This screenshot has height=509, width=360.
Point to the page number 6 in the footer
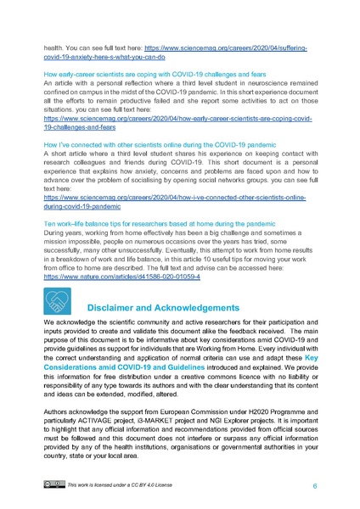click(315, 486)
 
